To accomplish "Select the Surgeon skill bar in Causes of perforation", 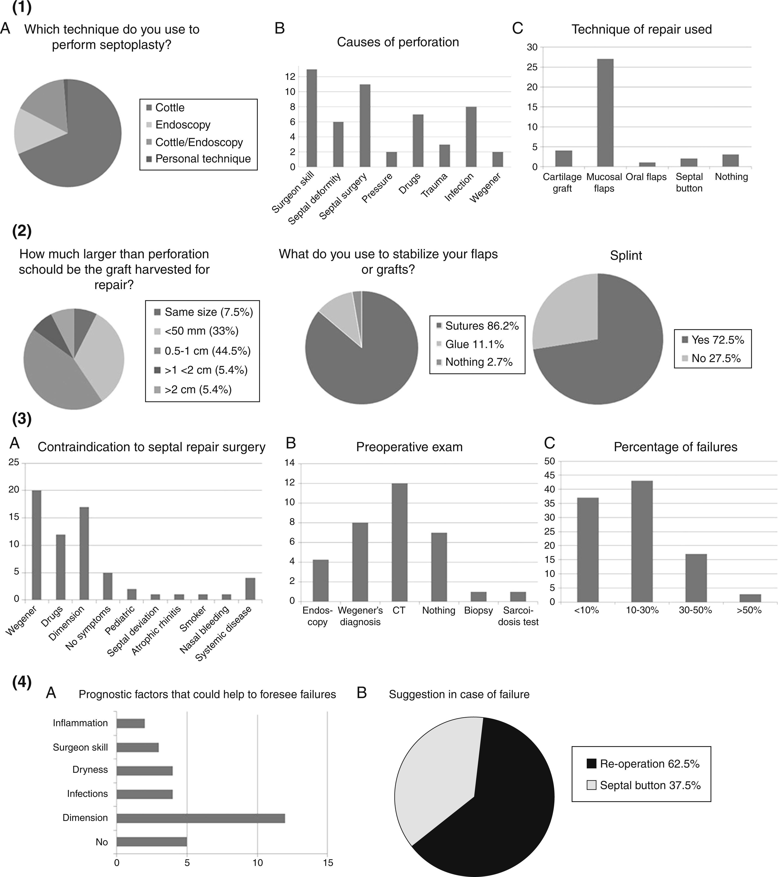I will [x=312, y=118].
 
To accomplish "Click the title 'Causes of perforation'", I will [x=398, y=42].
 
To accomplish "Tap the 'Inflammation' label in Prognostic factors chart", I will [x=80, y=723].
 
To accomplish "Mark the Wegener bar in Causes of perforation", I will [x=497, y=159].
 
